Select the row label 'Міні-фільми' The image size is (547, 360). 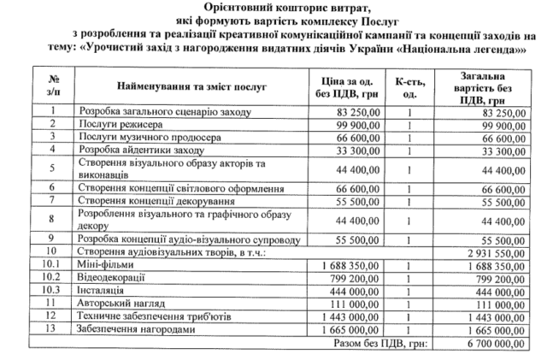tap(102, 265)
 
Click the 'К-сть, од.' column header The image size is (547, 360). tap(411, 86)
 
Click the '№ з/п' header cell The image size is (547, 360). tap(53, 86)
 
